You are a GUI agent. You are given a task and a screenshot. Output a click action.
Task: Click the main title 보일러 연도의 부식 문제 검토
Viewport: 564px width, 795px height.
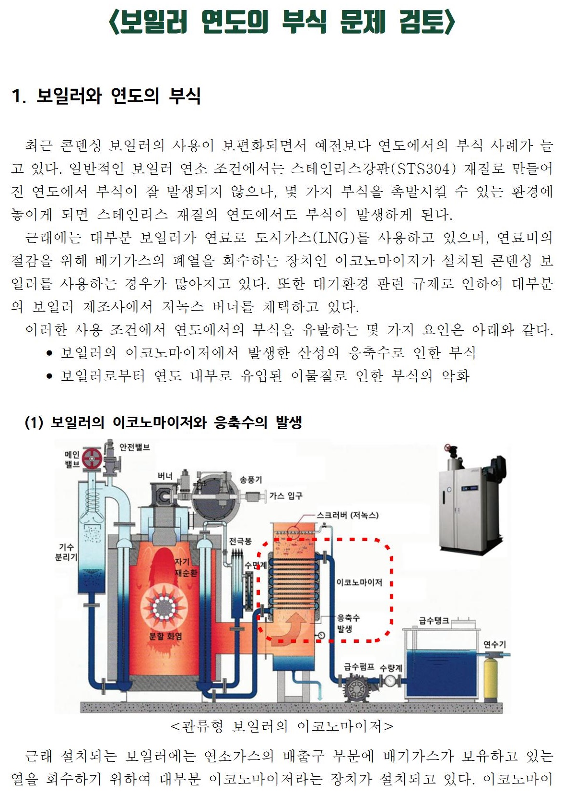coord(282,23)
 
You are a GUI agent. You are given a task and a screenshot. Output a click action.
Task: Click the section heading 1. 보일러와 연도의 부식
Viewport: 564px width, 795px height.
coord(106,96)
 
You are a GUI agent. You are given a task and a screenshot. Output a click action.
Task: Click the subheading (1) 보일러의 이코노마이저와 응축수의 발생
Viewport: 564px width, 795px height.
coord(163,422)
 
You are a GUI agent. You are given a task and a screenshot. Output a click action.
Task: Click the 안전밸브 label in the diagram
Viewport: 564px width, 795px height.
coord(134,447)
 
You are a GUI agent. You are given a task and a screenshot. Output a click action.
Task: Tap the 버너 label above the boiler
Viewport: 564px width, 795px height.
coord(165,476)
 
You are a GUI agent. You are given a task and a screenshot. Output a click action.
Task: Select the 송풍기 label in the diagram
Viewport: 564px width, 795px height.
coord(251,479)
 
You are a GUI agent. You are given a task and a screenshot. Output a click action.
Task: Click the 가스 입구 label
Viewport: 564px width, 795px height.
coord(286,495)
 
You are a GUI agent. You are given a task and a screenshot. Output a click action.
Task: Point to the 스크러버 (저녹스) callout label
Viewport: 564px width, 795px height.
coord(347,515)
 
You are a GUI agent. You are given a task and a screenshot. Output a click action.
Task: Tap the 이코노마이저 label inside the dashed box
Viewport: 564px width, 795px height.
coord(359,582)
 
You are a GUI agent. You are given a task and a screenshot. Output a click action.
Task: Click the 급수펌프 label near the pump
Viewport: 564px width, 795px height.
coord(359,667)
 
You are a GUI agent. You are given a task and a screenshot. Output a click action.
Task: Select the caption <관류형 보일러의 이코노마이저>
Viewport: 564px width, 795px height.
coord(282,726)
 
